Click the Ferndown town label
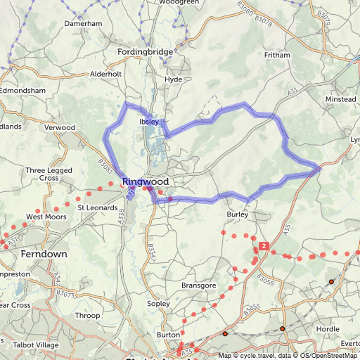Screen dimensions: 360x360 point(44,253)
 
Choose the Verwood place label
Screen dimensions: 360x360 point(59,127)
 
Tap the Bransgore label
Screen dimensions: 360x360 point(198,285)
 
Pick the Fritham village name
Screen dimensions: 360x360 point(276,55)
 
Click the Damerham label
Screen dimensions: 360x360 point(84,23)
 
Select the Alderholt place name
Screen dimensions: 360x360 point(106,73)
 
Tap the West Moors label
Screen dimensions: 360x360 point(46,217)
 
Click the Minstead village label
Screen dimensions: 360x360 point(340,100)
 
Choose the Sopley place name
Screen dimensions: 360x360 point(158,303)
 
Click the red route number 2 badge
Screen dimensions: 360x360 point(263,246)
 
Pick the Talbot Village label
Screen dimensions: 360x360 point(38,345)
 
